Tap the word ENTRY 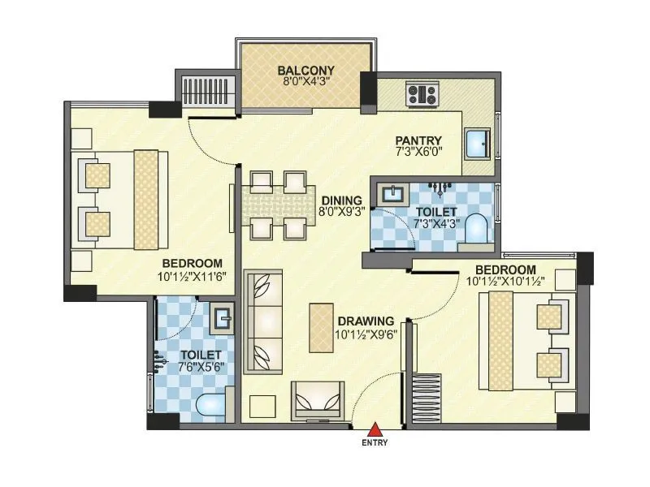(x=375, y=443)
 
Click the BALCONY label (x=299, y=69)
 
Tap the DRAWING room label (x=366, y=320)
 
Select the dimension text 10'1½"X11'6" (x=192, y=276)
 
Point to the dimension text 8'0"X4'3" (x=299, y=81)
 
